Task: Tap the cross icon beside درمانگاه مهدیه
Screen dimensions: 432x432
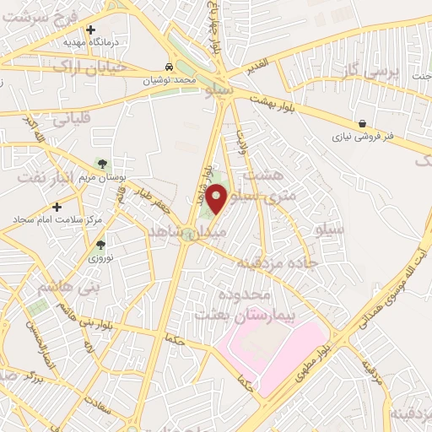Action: point(90,30)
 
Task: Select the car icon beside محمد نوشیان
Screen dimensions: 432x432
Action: point(170,67)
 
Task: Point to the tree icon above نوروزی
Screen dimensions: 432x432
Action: point(100,244)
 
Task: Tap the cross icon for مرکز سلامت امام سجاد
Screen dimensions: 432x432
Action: point(57,206)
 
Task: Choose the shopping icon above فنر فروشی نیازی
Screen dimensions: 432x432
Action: point(362,124)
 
